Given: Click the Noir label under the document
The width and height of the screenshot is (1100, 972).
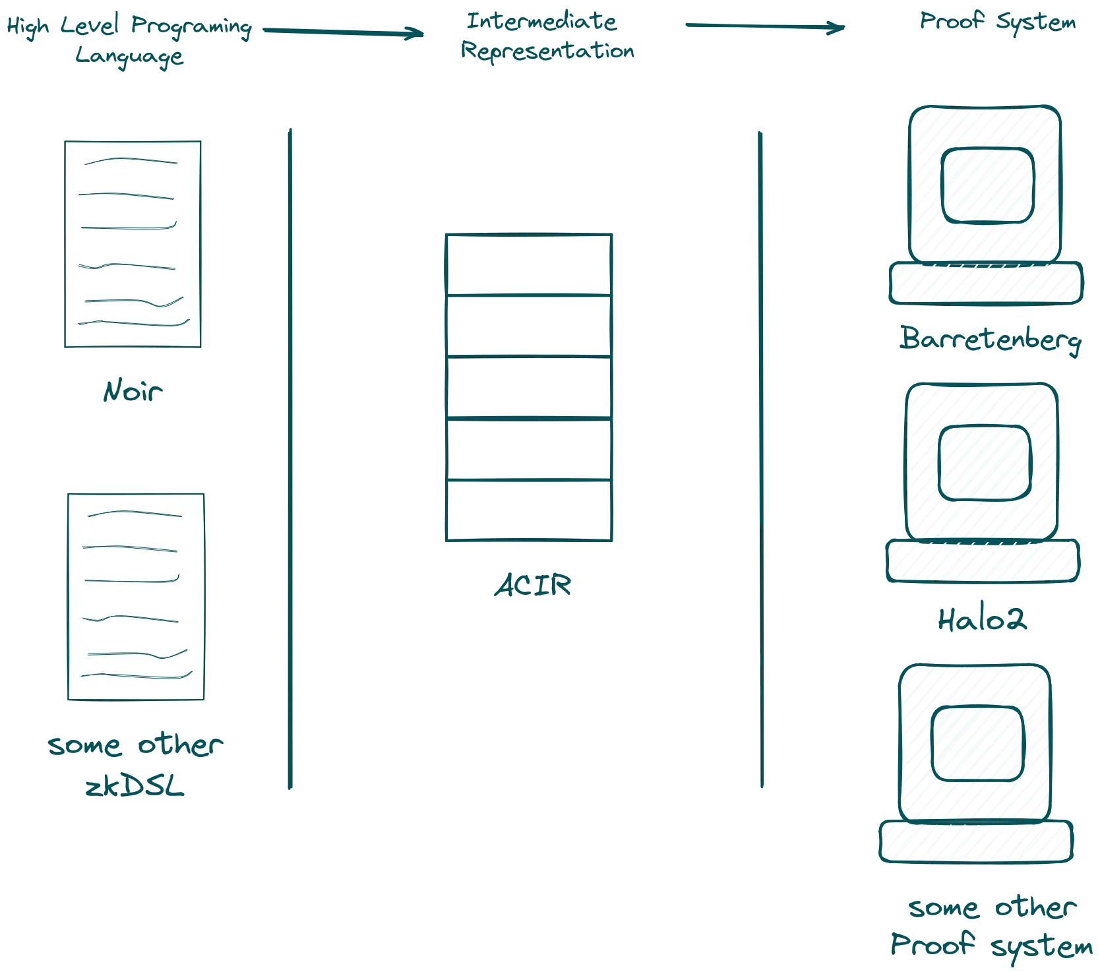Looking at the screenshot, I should tap(132, 393).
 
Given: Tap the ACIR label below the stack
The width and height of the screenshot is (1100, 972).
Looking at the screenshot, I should tap(533, 586).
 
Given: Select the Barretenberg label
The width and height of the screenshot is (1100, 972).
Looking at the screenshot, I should tap(989, 341).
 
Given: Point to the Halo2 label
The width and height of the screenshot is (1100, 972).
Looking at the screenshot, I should tap(982, 621).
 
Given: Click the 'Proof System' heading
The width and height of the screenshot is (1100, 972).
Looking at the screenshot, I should tap(996, 23).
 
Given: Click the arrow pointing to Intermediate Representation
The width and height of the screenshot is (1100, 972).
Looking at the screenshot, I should tap(343, 32).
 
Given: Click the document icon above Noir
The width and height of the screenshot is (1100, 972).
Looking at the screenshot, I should tap(133, 243).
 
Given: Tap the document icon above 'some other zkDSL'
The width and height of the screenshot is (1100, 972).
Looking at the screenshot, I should tap(137, 595).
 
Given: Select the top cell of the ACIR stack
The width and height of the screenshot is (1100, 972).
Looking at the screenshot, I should tap(529, 263).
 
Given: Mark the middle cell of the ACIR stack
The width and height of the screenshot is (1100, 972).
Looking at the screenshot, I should tap(529, 388).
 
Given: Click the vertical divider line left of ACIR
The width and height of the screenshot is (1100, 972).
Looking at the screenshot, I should tap(290, 458).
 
